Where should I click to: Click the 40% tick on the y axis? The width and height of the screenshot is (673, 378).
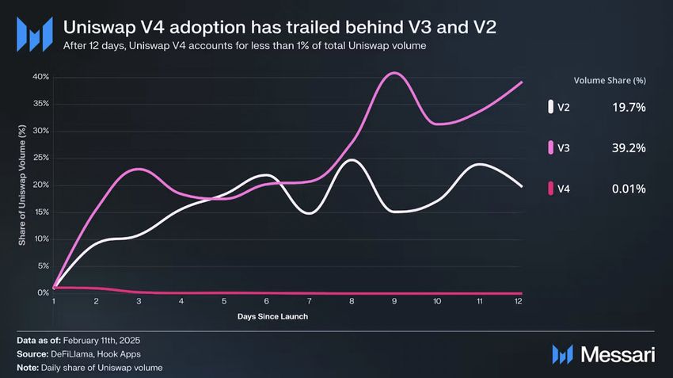click(40, 77)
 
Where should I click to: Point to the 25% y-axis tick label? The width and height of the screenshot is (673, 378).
click(40, 158)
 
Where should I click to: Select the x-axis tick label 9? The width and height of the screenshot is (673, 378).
click(394, 302)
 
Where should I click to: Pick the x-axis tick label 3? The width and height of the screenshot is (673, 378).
click(139, 302)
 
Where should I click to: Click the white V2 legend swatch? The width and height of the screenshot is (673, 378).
click(550, 106)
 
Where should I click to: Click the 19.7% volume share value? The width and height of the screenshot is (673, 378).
click(629, 106)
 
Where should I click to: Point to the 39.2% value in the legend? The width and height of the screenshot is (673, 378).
click(629, 147)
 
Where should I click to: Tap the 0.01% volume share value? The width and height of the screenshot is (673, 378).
click(629, 189)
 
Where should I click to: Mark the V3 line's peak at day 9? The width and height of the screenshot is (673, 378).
click(394, 73)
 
